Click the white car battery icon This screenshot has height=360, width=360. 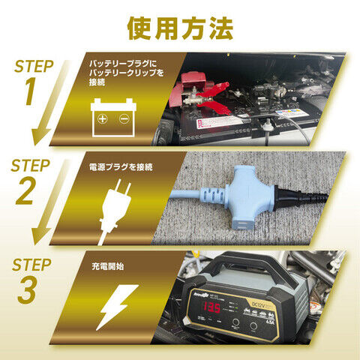114,118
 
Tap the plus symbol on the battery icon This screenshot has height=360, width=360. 103,120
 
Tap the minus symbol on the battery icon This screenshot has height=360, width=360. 124,120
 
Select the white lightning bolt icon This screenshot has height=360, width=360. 116,308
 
